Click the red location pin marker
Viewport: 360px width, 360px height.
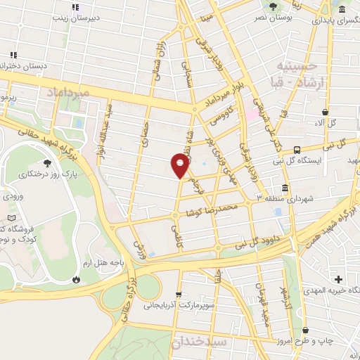(180, 165)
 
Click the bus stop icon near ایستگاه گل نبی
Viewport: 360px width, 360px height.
(297, 150)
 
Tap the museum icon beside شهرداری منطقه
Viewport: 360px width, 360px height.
(284, 188)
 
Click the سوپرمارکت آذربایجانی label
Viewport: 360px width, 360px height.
(179, 306)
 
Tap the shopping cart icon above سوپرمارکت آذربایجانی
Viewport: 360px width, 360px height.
(178, 295)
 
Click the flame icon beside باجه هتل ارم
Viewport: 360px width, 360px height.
(75, 279)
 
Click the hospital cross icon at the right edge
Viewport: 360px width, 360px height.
(340, 280)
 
